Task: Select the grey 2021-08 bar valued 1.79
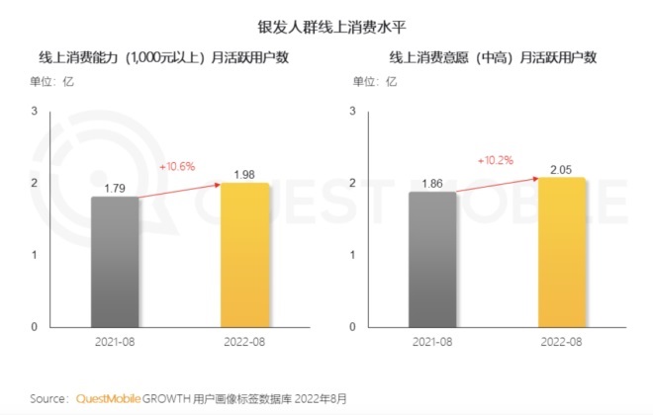pyautogui.click(x=115, y=261)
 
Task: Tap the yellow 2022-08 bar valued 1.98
pyautogui.click(x=243, y=254)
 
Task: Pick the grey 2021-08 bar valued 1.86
pyautogui.click(x=432, y=259)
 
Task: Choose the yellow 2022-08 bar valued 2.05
pyautogui.click(x=561, y=252)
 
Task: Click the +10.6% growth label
pyautogui.click(x=177, y=166)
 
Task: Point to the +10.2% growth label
pyautogui.click(x=495, y=159)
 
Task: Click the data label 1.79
pyautogui.click(x=115, y=186)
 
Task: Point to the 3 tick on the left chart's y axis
pyautogui.click(x=34, y=111)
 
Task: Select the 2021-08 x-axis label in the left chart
pyautogui.click(x=115, y=341)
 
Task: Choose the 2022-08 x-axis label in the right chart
pyautogui.click(x=561, y=341)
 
